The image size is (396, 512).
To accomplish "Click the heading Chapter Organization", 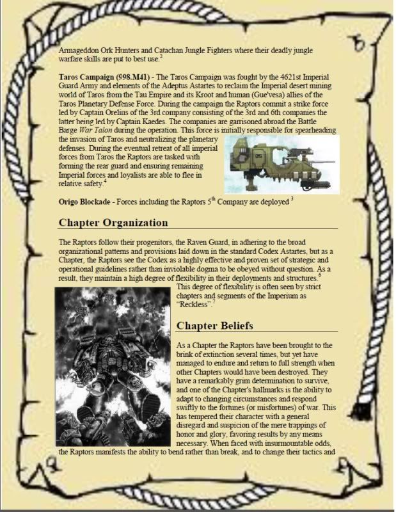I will [113, 223].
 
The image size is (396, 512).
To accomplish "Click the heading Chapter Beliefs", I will [215, 325].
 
